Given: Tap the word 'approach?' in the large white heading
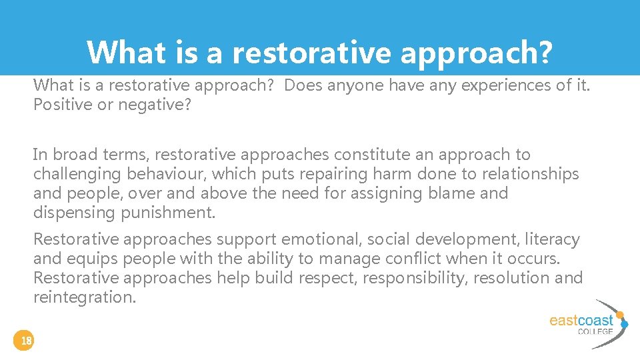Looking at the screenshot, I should tap(476, 52).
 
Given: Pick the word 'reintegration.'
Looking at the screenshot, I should tap(85, 297).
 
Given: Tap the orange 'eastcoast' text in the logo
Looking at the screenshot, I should tap(581, 321).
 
